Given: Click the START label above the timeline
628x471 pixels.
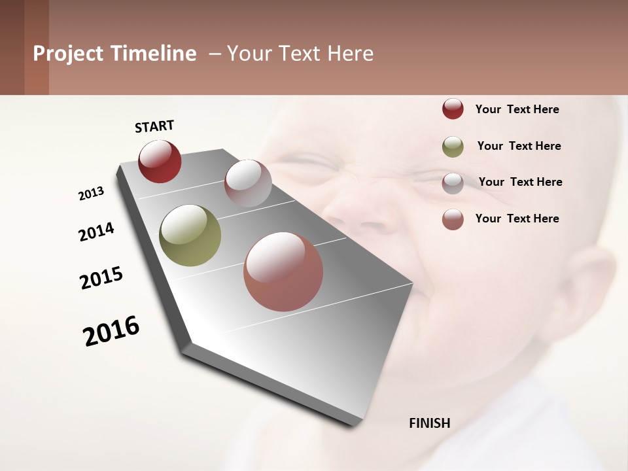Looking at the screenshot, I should pos(154,126).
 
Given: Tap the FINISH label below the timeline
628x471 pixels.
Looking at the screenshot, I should pos(429,423).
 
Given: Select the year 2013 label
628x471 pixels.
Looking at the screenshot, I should pos(92,194).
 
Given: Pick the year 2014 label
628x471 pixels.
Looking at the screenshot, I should pos(96,232).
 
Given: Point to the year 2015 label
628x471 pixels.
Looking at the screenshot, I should pos(101,278).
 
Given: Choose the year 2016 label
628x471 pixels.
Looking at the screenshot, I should pos(111,331).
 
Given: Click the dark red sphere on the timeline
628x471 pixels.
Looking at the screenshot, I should pos(160,161).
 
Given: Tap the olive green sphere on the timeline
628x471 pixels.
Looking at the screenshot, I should pos(190,235).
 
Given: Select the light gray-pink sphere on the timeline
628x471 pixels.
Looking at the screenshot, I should pos(248,183).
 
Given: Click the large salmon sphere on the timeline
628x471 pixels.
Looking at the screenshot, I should pos(283,271).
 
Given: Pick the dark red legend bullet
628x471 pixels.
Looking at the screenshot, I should pos(453,109).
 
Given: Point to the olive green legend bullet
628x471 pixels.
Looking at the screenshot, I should pos(453,147).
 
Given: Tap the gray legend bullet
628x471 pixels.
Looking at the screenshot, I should pos(453,183).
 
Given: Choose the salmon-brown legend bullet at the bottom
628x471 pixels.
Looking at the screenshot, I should pos(453,219).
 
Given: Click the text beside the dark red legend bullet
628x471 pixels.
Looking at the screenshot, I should pos(517,109).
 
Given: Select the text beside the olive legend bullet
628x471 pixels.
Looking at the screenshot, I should pos(519,146).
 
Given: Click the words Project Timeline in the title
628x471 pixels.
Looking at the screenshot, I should pos(114,54).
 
